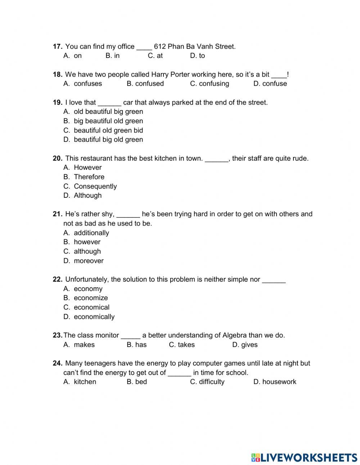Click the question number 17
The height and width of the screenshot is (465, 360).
[58, 46]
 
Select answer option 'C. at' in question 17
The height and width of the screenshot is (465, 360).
[155, 56]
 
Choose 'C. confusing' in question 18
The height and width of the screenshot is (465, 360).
[209, 84]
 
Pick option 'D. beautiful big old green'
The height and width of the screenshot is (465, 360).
[103, 140]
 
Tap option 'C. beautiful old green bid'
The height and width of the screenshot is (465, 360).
[103, 130]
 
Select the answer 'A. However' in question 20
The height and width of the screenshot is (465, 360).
[82, 167]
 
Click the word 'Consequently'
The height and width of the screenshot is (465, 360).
[95, 186]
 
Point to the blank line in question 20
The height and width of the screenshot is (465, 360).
[216, 159]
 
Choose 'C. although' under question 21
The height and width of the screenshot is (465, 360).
[82, 251]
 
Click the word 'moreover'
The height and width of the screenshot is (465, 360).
[89, 261]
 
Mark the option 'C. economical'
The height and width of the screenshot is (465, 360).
[86, 307]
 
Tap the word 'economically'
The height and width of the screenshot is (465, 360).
[94, 317]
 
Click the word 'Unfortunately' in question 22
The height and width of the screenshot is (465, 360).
[87, 280]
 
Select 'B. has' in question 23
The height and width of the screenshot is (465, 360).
[136, 345]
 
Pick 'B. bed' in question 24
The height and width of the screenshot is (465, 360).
[137, 382]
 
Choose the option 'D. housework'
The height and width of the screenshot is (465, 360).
[275, 382]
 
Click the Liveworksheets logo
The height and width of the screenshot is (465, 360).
[304, 457]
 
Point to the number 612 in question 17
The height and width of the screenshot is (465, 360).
[159, 46]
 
